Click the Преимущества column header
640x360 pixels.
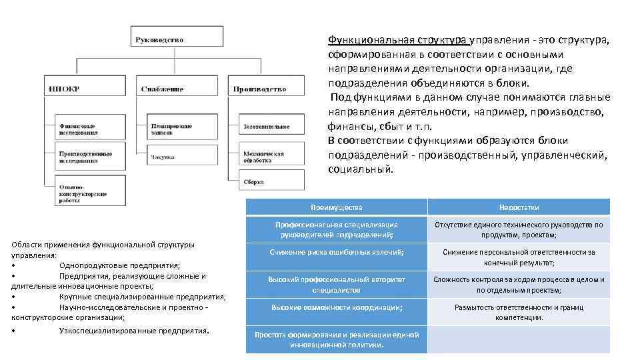pos(337,207)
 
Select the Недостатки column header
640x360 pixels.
pos(519,207)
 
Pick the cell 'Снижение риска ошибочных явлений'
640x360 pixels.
pos(337,252)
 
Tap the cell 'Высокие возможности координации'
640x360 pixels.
pos(337,307)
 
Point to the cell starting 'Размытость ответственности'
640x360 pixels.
pos(519,312)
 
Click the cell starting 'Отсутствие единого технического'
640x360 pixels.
pos(519,229)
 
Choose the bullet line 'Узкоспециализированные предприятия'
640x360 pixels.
pos(133,330)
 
